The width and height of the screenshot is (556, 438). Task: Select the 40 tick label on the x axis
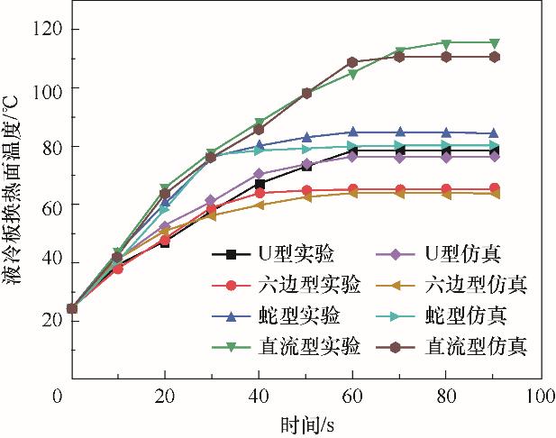click(259, 395)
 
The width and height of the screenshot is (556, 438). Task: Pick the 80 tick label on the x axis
click(444, 395)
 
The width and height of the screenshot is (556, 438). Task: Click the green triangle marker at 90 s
click(493, 42)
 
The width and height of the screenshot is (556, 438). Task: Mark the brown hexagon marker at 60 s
click(352, 62)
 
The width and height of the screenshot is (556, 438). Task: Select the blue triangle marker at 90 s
click(493, 133)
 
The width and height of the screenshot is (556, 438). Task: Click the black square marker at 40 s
click(260, 185)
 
